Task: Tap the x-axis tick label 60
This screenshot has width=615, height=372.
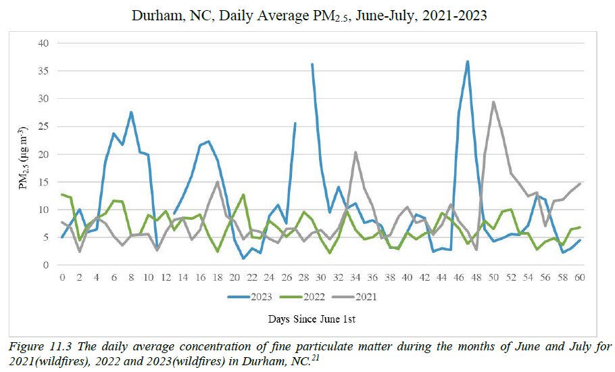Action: tap(579, 277)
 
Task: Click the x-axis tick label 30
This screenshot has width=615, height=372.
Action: tap(321, 277)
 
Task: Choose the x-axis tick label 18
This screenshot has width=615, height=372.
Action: tap(217, 277)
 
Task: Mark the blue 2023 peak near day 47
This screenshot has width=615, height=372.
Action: tap(468, 62)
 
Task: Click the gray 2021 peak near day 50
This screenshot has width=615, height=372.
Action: tap(493, 102)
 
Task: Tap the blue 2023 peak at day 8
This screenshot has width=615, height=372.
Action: tap(131, 112)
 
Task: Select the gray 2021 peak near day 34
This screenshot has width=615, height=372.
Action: tap(355, 153)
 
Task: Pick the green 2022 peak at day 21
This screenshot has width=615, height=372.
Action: tap(243, 195)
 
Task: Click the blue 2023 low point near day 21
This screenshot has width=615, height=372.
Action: tap(243, 258)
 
